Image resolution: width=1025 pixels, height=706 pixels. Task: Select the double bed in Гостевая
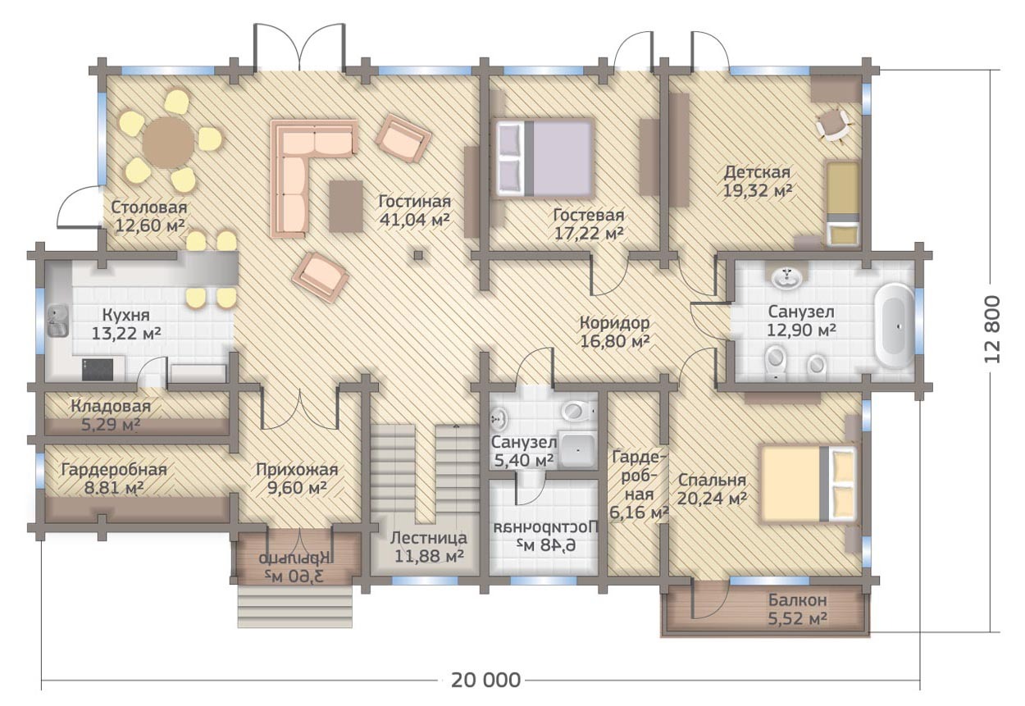543,158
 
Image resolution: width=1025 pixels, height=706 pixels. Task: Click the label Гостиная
415,202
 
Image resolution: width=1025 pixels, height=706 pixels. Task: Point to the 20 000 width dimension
485,681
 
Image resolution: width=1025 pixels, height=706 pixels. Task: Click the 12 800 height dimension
991,329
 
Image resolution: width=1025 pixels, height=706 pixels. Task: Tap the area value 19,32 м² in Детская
758,191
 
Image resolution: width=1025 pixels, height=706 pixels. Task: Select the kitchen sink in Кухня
57,321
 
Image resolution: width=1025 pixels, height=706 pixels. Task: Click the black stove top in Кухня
98,369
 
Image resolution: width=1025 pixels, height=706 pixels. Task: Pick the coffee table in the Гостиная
346,206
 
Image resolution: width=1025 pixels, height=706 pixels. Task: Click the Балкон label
798,600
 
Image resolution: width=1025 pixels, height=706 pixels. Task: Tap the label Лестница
429,538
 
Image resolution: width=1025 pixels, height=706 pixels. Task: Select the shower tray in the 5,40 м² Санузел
579,450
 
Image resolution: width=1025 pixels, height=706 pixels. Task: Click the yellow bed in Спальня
808,484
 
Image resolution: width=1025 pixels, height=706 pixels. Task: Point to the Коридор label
614,323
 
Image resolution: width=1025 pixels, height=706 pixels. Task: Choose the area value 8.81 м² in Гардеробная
114,488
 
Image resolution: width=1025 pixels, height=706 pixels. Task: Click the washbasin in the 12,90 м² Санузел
787,277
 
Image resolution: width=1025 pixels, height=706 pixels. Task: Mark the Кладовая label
111,406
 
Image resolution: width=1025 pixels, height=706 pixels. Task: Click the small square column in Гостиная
417,255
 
